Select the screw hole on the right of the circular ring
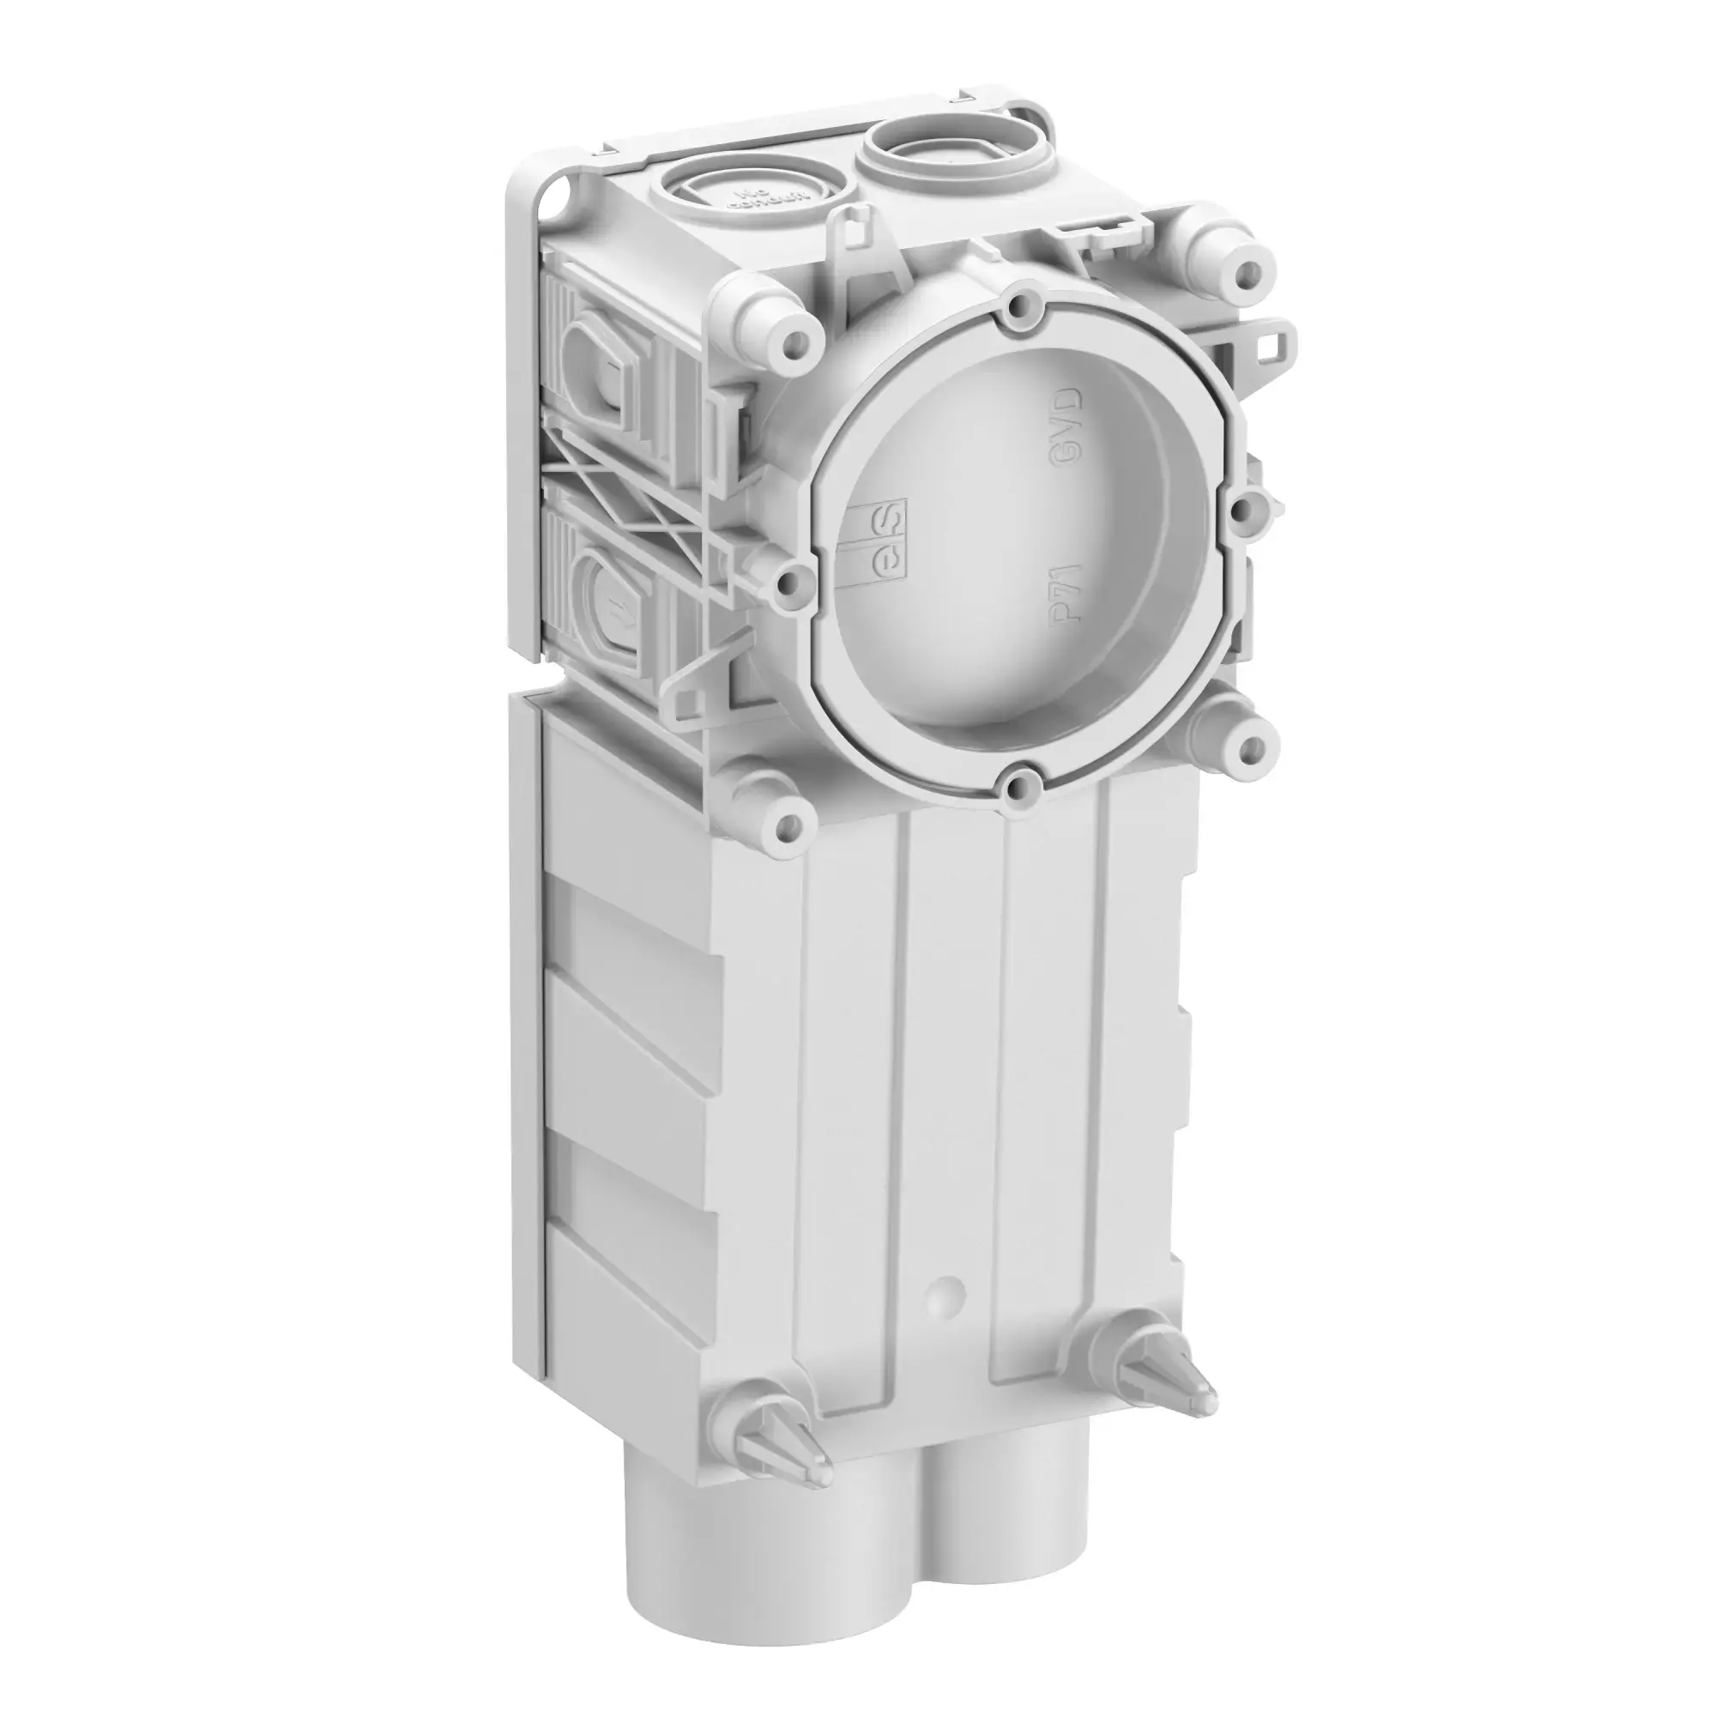(x=1247, y=508)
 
